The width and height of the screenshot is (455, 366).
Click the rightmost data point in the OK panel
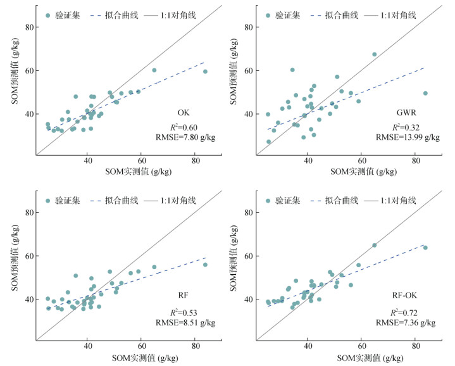(205, 72)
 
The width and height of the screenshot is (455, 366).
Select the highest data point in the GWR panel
(374, 54)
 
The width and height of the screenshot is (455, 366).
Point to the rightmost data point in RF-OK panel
(425, 248)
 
